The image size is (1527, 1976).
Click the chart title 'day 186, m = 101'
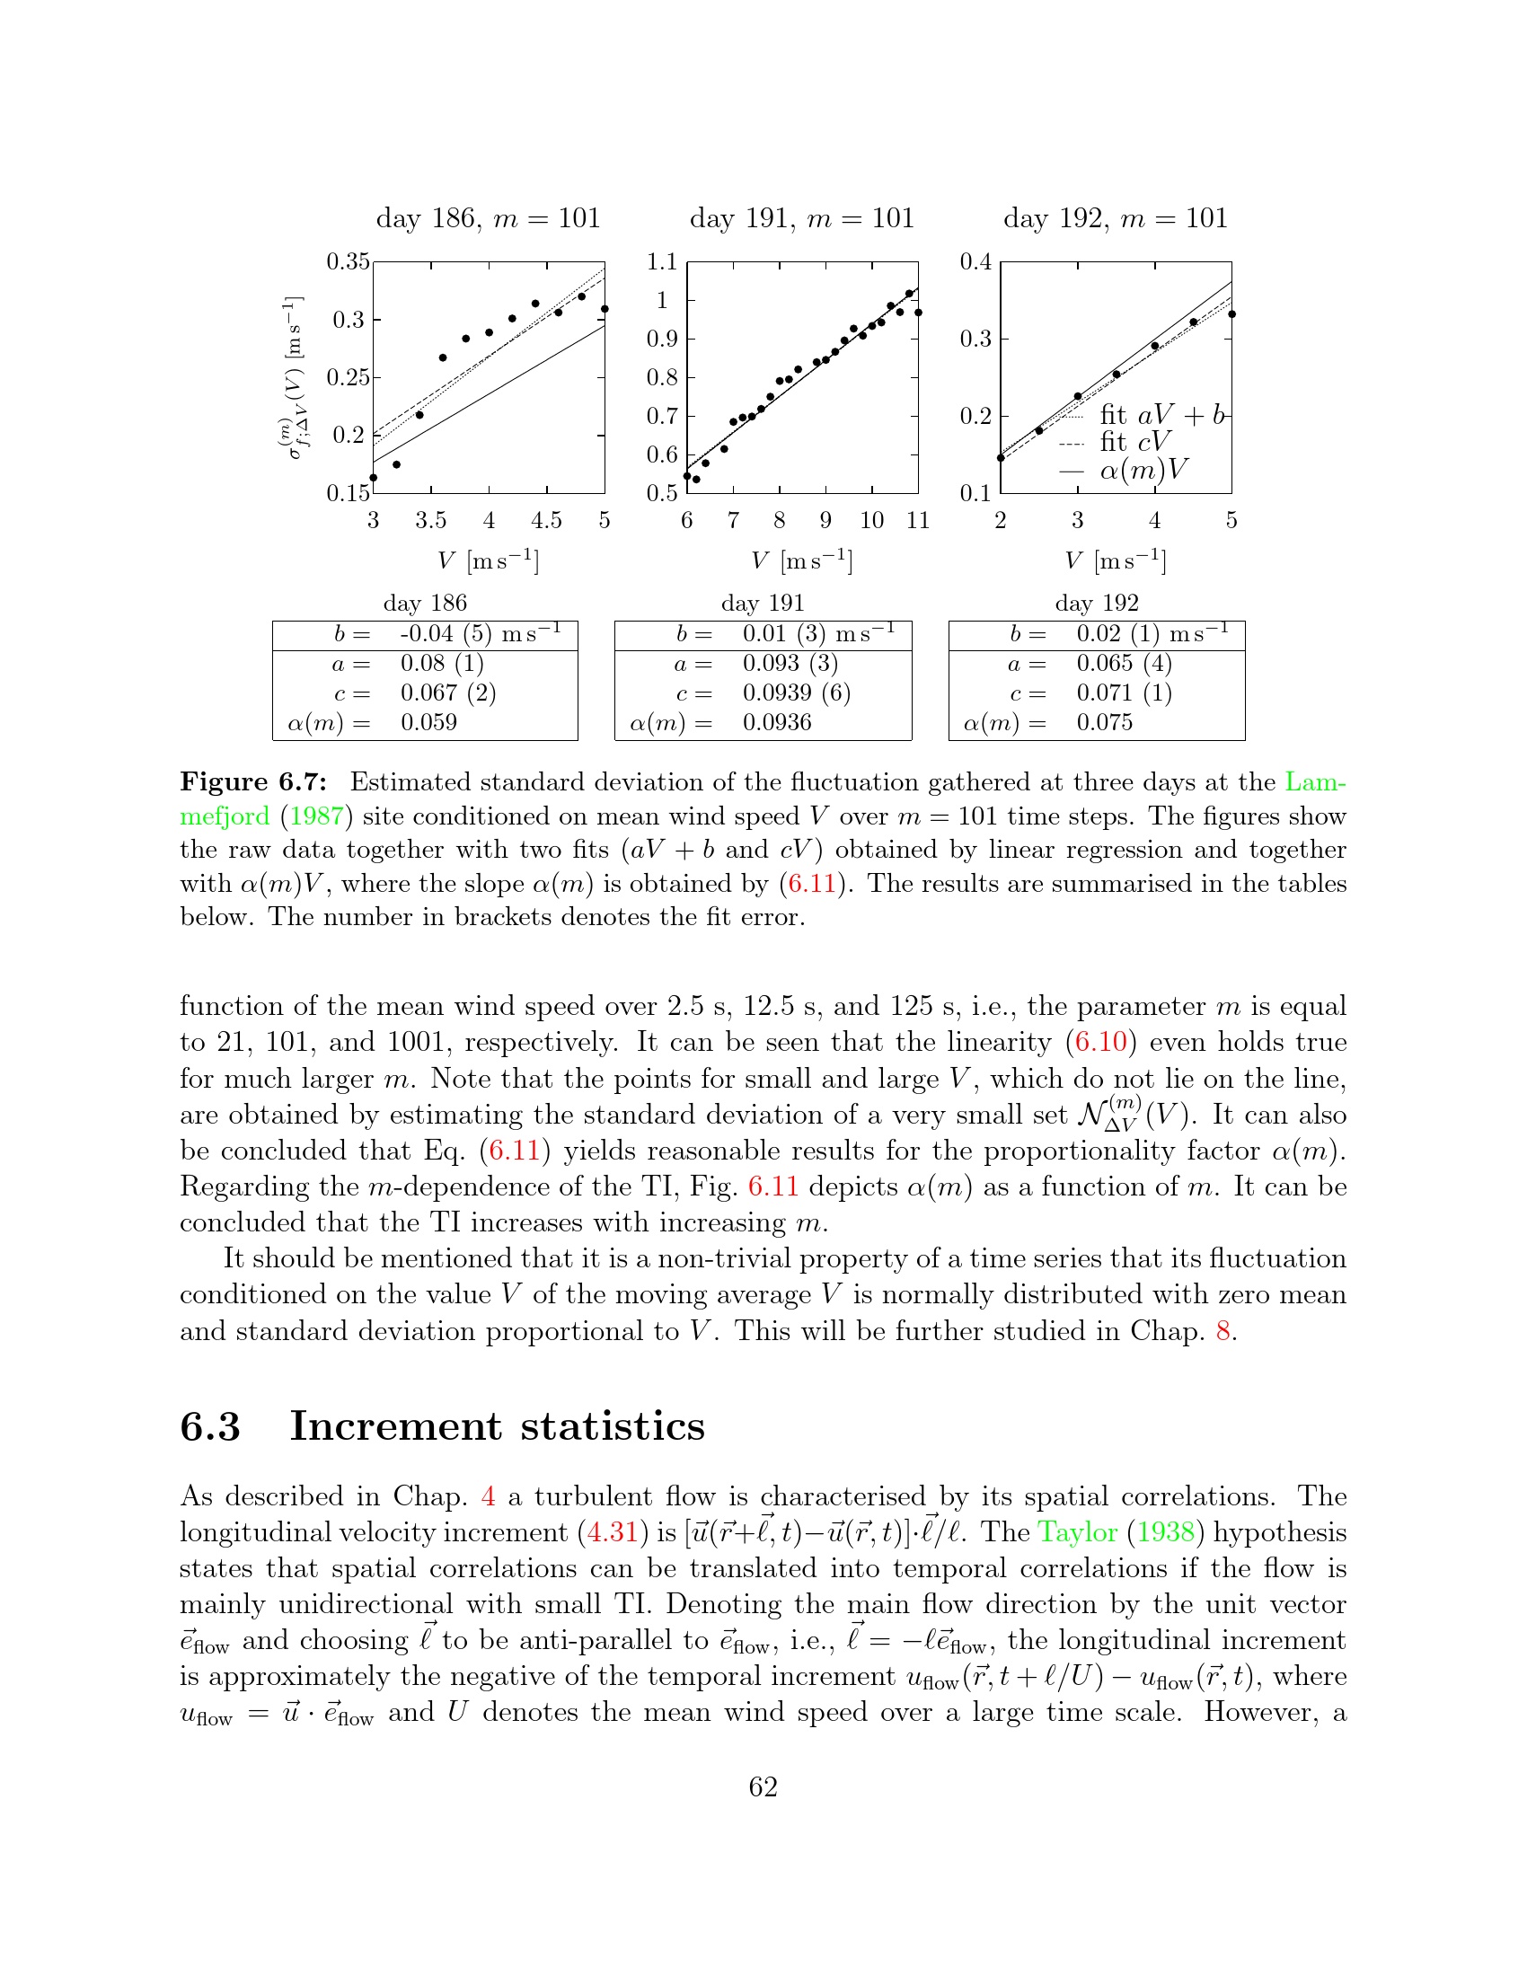(488, 219)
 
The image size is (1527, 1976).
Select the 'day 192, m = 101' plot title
(1115, 219)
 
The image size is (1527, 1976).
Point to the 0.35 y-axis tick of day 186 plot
(349, 262)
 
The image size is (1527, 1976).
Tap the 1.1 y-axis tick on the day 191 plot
(662, 262)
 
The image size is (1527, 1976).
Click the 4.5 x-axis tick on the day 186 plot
(546, 521)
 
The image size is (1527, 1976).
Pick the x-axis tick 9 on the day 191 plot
(825, 521)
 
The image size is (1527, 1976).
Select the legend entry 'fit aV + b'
(1161, 415)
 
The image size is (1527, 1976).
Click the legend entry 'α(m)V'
(1143, 470)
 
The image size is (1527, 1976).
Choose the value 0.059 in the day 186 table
(428, 723)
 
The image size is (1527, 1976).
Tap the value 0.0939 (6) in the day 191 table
(796, 693)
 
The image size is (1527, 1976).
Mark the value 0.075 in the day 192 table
(1104, 723)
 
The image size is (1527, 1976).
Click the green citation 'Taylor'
(1077, 1532)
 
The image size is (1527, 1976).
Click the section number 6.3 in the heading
(210, 1427)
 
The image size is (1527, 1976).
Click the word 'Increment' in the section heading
(394, 1427)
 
